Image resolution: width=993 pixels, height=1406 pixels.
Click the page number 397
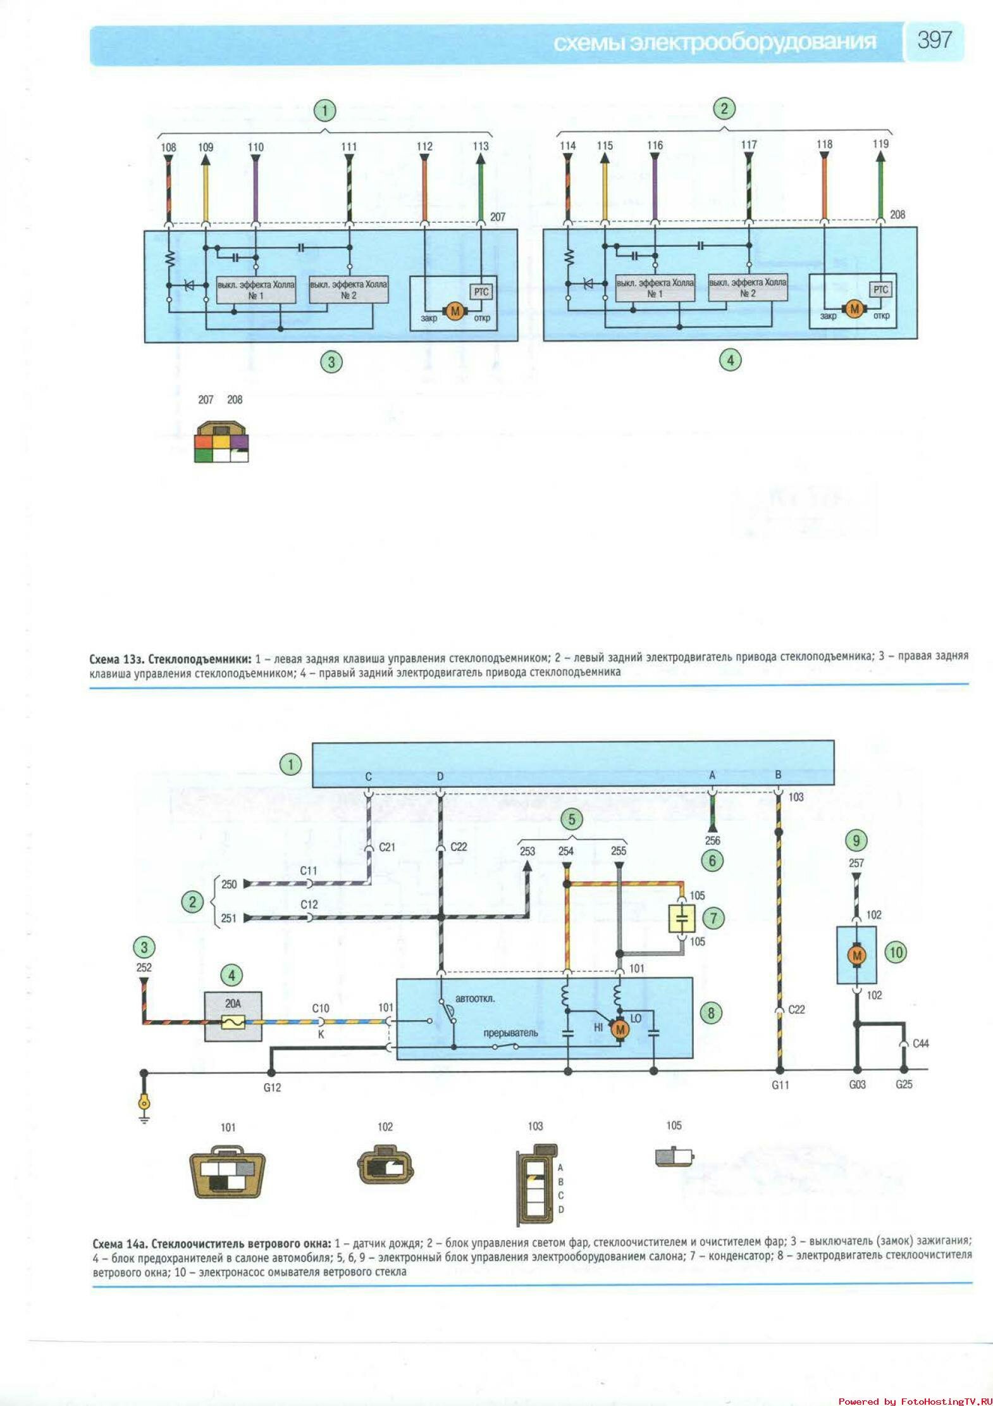tap(934, 40)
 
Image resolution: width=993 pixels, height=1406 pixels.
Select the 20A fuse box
tap(233, 1016)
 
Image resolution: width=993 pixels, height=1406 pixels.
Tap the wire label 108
tap(168, 147)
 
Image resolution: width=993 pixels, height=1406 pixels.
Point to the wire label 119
tap(880, 144)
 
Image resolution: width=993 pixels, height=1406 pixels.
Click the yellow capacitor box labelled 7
tap(682, 918)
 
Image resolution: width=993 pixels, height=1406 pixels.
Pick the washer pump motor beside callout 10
tap(857, 955)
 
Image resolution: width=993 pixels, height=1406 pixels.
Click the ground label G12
tap(272, 1087)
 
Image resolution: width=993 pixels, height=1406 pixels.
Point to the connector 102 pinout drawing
tap(385, 1165)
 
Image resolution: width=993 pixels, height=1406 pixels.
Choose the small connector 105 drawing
tap(674, 1157)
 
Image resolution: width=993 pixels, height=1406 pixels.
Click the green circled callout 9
tap(856, 841)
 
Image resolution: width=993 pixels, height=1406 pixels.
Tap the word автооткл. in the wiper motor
tap(475, 999)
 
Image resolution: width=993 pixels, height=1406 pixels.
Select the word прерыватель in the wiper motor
tap(510, 1033)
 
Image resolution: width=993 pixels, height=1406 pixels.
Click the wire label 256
tap(712, 840)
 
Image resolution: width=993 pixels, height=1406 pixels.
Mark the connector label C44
tap(920, 1043)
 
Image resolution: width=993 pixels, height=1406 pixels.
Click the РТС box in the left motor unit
tap(481, 292)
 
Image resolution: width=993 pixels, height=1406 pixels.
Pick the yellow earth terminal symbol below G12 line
tap(144, 1104)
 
